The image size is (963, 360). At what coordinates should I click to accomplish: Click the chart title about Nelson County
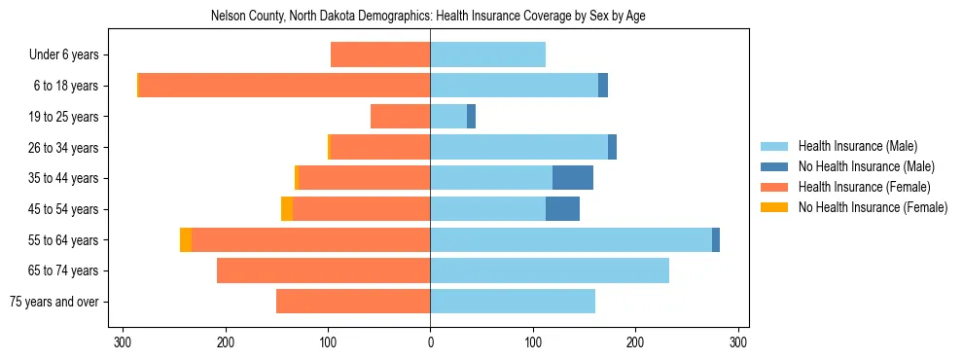[x=428, y=16]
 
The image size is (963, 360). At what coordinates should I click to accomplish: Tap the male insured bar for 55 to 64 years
[x=571, y=240]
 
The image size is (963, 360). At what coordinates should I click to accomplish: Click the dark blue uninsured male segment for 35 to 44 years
[x=573, y=178]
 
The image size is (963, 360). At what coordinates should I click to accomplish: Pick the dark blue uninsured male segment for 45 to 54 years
[x=562, y=209]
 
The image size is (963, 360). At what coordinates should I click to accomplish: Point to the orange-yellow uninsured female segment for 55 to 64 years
[x=186, y=240]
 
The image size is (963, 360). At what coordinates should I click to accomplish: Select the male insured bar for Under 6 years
[x=487, y=54]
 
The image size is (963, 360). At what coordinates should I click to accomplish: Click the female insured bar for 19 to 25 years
[x=401, y=117]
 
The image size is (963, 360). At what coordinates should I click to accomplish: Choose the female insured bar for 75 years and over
[x=353, y=302]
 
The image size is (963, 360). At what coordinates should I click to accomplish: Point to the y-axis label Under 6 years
[x=70, y=55]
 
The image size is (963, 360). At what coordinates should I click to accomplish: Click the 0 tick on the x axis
[x=430, y=342]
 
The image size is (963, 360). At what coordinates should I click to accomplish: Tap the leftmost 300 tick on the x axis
[x=123, y=342]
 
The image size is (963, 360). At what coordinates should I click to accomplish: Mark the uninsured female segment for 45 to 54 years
[x=287, y=209]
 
